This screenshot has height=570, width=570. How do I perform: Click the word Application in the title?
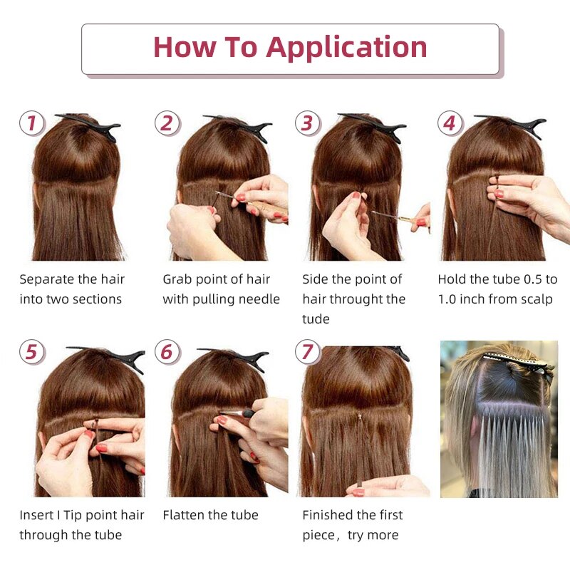tap(346, 48)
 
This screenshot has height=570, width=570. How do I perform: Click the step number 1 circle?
tap(31, 123)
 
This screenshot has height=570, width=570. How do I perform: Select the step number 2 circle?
tap(167, 123)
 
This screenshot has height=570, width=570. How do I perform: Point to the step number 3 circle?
tap(307, 123)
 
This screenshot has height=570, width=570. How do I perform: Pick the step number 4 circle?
tap(449, 123)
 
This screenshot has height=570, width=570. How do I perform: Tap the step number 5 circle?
tap(31, 352)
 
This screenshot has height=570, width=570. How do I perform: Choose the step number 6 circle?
tap(167, 352)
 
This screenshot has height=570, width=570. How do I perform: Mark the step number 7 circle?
tap(307, 352)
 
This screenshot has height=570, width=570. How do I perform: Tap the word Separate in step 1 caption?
tap(45, 279)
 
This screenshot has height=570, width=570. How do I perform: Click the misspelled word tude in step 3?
tap(316, 319)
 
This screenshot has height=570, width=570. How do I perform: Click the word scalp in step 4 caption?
tap(536, 299)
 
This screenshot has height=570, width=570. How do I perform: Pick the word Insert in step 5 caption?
tap(36, 515)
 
